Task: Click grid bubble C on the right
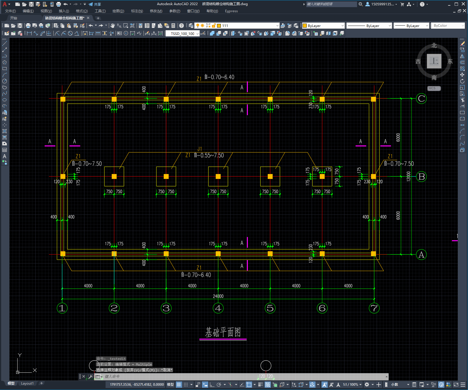(421, 99)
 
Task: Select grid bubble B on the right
(421, 177)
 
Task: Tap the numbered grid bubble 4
(218, 308)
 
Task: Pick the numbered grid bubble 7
(374, 308)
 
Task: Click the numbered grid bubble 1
(62, 308)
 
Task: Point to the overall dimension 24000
(218, 296)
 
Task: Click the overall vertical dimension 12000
(409, 176)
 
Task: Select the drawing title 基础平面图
(223, 332)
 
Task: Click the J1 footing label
(200, 149)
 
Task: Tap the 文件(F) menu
(11, 11)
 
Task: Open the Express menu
(231, 11)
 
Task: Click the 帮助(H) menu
(212, 11)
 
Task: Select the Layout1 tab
(27, 383)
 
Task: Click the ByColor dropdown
(448, 26)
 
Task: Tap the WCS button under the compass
(434, 88)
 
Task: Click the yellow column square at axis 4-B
(218, 176)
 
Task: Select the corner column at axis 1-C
(63, 99)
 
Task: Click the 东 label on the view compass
(450, 61)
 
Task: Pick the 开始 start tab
(14, 18)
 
